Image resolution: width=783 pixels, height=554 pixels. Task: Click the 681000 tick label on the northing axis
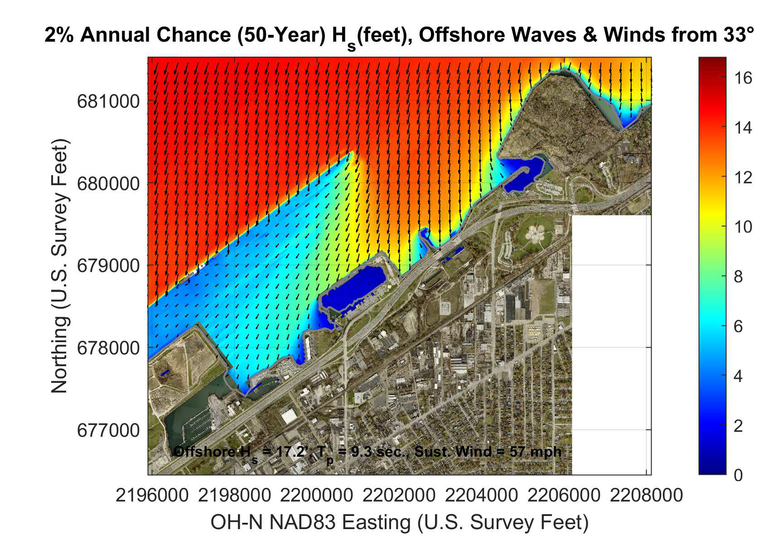click(x=108, y=101)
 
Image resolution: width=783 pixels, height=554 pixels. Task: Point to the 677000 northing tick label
click(x=108, y=430)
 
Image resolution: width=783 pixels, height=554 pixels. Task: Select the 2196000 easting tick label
click(x=152, y=495)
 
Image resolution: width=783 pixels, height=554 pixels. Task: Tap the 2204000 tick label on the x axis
click(x=481, y=495)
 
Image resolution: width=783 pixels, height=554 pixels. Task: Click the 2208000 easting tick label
click(x=646, y=495)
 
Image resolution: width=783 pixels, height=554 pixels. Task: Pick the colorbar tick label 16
click(x=743, y=78)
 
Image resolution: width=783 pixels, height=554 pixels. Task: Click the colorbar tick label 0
click(x=738, y=475)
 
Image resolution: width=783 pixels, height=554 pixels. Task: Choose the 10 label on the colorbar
click(x=743, y=227)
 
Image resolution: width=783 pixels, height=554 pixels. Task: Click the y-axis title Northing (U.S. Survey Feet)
click(x=59, y=266)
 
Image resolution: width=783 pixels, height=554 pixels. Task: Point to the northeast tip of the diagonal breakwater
click(x=352, y=153)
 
